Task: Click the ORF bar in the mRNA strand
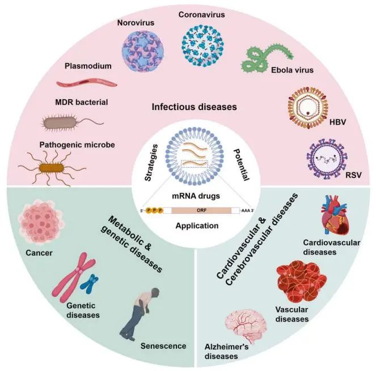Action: (x=201, y=209)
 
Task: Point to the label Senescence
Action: (x=163, y=345)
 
